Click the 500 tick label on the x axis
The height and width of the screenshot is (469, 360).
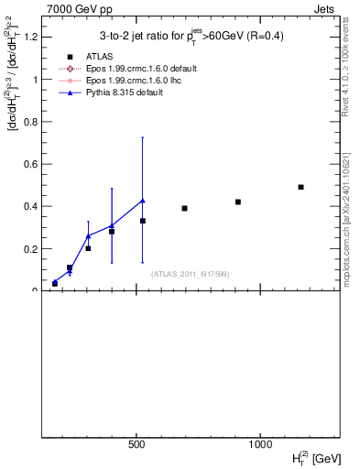coord(136,444)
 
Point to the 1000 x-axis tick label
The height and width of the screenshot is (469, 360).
coord(260,444)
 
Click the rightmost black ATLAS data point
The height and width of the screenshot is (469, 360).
coord(300,187)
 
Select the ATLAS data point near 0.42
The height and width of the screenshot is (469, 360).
coord(237,202)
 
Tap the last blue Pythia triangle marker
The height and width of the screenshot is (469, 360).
coord(142,200)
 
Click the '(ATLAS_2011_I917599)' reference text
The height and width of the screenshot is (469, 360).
coord(191,274)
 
